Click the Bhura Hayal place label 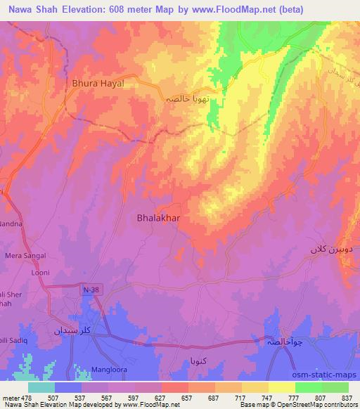click(98, 83)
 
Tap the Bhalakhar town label click(157, 219)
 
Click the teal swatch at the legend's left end click(41, 387)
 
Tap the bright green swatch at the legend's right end click(335, 387)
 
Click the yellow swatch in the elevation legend click(281, 387)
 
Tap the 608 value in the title click(139, 10)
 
